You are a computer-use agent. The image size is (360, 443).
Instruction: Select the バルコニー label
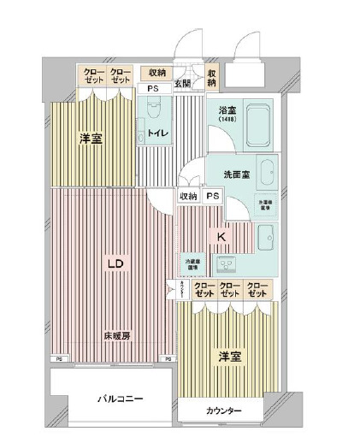[x=119, y=399]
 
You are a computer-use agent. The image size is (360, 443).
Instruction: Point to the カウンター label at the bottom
[x=223, y=411]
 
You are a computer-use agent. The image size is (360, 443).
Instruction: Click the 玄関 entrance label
[x=183, y=84]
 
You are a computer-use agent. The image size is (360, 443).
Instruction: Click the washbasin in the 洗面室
[x=265, y=173]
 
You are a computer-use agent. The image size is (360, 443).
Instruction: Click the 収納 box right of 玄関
[x=211, y=77]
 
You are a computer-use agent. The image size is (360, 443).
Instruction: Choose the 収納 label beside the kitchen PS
[x=188, y=196]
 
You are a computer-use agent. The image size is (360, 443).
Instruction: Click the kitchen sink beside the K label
[x=263, y=233]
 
